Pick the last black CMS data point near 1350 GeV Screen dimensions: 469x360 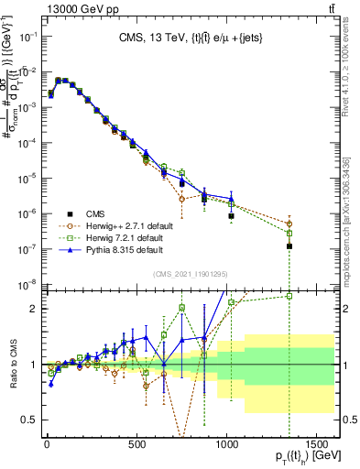tap(289, 246)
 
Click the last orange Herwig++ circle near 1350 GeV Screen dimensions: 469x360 tap(289, 224)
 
